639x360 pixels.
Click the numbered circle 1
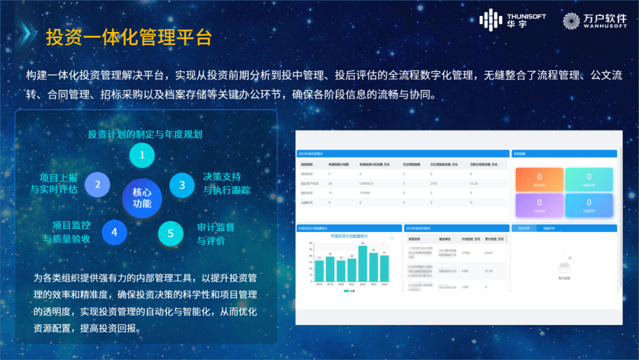pos(142,156)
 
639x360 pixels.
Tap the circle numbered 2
pos(98,184)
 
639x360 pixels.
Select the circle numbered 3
pos(182,185)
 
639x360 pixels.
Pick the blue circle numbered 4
pos(114,232)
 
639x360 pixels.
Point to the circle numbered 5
pos(170,233)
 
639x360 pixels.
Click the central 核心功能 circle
pos(142,198)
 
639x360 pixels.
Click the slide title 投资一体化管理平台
pos(129,37)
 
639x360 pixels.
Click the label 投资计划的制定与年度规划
pos(145,134)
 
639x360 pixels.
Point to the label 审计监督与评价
pos(215,234)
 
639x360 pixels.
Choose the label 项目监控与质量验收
pos(67,232)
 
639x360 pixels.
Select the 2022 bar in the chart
pos(363,263)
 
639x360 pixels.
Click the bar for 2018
pos(319,270)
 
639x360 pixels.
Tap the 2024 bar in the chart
pos(385,268)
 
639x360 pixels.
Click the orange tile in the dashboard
pos(539,179)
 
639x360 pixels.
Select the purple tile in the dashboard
pos(539,205)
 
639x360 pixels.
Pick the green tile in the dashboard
pos(589,179)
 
